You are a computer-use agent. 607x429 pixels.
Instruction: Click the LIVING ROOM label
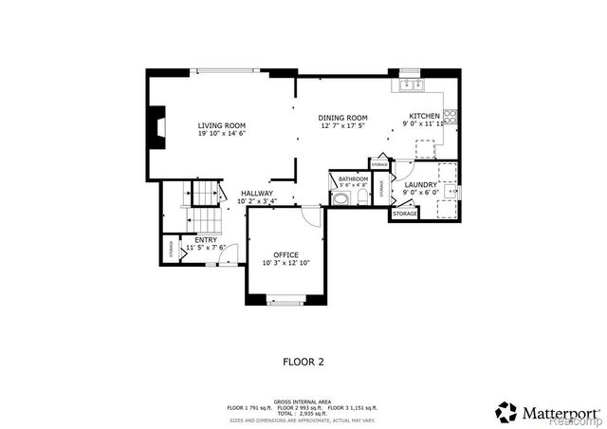222,125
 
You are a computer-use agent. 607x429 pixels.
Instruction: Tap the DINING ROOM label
343,117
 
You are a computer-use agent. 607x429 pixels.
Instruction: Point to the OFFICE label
286,254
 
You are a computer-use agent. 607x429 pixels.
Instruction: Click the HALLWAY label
256,193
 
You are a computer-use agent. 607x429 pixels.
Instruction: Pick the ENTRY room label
206,240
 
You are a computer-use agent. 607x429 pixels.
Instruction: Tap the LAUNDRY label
420,184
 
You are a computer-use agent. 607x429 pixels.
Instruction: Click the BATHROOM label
353,178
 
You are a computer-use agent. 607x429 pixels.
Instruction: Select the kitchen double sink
412,85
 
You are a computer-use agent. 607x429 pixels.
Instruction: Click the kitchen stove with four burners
451,118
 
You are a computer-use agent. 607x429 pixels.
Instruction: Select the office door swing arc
310,215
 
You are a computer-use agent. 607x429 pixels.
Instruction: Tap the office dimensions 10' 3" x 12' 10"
286,263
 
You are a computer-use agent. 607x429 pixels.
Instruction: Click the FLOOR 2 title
303,362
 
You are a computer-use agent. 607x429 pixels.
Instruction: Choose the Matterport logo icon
506,412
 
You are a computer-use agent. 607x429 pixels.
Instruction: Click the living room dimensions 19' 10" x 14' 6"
222,134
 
